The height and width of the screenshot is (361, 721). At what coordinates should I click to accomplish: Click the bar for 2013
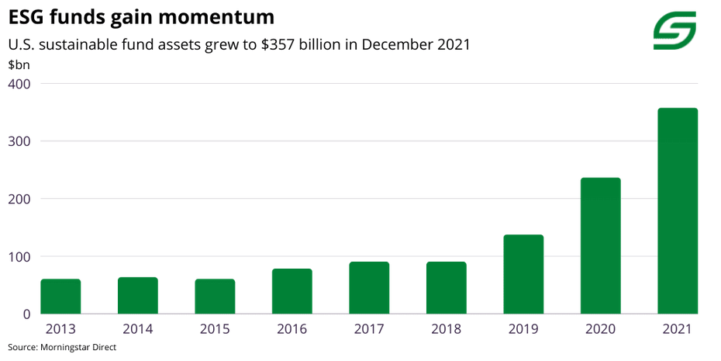(60, 297)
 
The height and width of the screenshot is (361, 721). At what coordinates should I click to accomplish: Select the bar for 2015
(215, 297)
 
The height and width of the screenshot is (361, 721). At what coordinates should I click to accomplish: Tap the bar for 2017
(369, 288)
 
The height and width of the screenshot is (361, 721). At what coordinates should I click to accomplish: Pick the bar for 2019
(523, 274)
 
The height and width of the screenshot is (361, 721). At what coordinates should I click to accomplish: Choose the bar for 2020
(600, 246)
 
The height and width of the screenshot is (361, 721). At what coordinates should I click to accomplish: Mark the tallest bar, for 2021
(678, 211)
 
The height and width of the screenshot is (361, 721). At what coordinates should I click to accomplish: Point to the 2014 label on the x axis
(138, 329)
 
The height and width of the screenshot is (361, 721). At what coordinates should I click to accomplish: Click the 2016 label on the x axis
(292, 329)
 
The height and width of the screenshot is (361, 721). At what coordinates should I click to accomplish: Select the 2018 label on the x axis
(446, 329)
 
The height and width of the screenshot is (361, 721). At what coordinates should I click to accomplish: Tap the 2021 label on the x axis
(678, 329)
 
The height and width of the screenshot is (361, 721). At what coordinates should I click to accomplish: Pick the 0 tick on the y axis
(26, 314)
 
